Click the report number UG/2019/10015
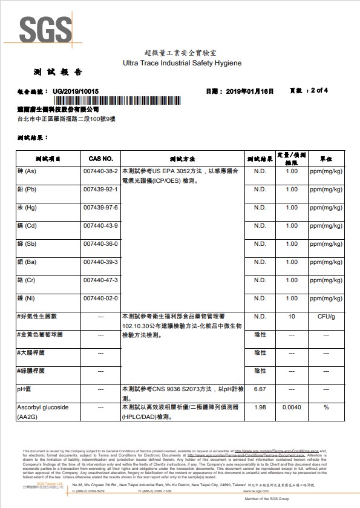click(76, 91)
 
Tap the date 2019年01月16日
click(249, 91)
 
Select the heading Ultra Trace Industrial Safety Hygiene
click(182, 63)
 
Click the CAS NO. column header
click(100, 159)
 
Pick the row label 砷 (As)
click(28, 171)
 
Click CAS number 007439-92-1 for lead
click(100, 190)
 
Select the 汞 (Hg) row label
click(29, 208)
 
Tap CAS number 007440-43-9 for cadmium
click(100, 226)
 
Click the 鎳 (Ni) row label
click(28, 299)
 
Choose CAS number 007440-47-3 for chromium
click(100, 280)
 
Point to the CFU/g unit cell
click(326, 317)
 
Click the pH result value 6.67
click(260, 389)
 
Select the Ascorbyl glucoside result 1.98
click(260, 407)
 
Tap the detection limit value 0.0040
click(292, 407)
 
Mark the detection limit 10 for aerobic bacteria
click(292, 317)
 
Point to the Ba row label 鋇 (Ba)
click(28, 262)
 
